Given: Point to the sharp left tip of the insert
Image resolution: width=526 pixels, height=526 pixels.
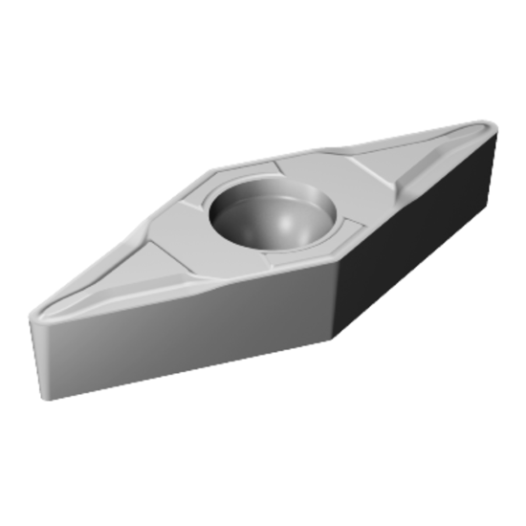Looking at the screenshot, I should tap(33, 318).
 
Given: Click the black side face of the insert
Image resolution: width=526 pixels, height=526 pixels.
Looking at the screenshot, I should tap(421, 239).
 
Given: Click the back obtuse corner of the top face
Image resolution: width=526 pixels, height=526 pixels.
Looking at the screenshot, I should tap(215, 170).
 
